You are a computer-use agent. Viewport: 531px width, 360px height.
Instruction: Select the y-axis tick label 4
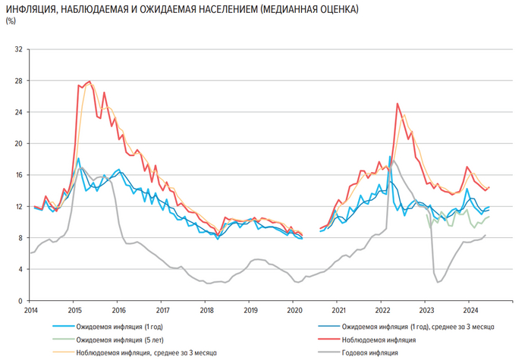pos(20,269)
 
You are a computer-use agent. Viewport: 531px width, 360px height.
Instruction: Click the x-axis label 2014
pos(30,311)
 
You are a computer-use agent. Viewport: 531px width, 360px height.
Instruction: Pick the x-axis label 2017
pos(162,311)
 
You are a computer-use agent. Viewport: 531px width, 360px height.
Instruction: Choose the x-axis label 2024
pos(470,311)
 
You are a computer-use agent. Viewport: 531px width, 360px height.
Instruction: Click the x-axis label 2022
pos(382,311)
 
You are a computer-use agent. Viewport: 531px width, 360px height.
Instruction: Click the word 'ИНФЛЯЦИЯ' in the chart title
pos(28,8)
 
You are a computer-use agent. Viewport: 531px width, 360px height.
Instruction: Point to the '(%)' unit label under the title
pos(11,21)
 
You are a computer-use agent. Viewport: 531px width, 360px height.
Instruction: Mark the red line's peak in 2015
pos(90,81)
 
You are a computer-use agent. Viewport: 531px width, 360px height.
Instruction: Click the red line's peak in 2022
pos(397,104)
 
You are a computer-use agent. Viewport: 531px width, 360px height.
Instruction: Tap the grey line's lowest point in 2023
pos(438,282)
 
